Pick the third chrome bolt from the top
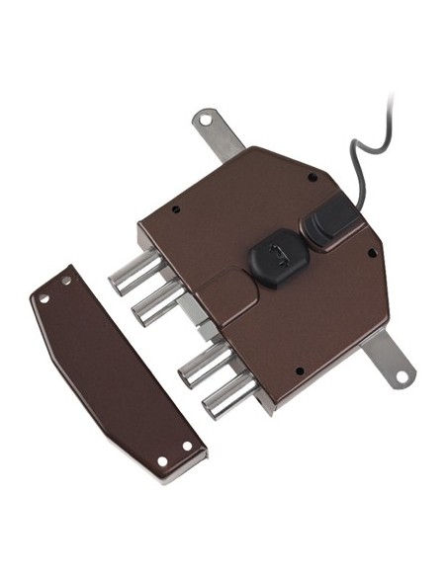click(x=200, y=366)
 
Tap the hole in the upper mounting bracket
click(x=205, y=120)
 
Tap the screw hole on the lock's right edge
click(x=371, y=253)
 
